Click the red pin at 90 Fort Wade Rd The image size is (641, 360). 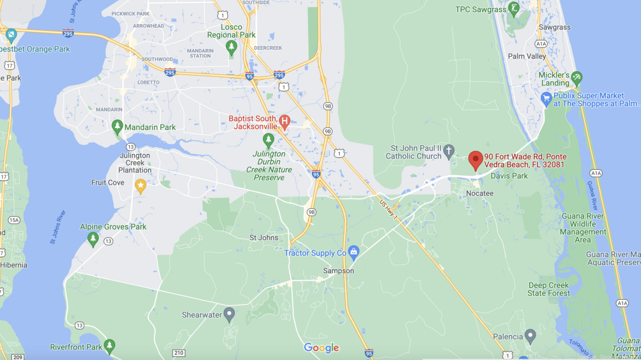(475, 159)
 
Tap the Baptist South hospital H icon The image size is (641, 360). (285, 121)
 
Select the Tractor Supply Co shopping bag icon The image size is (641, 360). (353, 252)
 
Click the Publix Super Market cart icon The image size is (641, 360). (546, 98)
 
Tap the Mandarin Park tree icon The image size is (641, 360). (118, 126)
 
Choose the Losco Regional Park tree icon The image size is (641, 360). (231, 48)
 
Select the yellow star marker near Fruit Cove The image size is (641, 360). (140, 185)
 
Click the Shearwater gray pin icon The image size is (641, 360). (229, 314)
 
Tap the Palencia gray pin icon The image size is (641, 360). (530, 335)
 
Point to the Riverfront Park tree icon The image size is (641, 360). (110, 346)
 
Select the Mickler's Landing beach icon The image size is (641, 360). (576, 77)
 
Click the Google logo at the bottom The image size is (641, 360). (322, 348)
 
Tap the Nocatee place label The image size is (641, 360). (480, 192)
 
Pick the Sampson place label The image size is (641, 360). (339, 271)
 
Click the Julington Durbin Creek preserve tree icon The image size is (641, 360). (269, 140)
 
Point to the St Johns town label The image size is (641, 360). (264, 237)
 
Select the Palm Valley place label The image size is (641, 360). (527, 56)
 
